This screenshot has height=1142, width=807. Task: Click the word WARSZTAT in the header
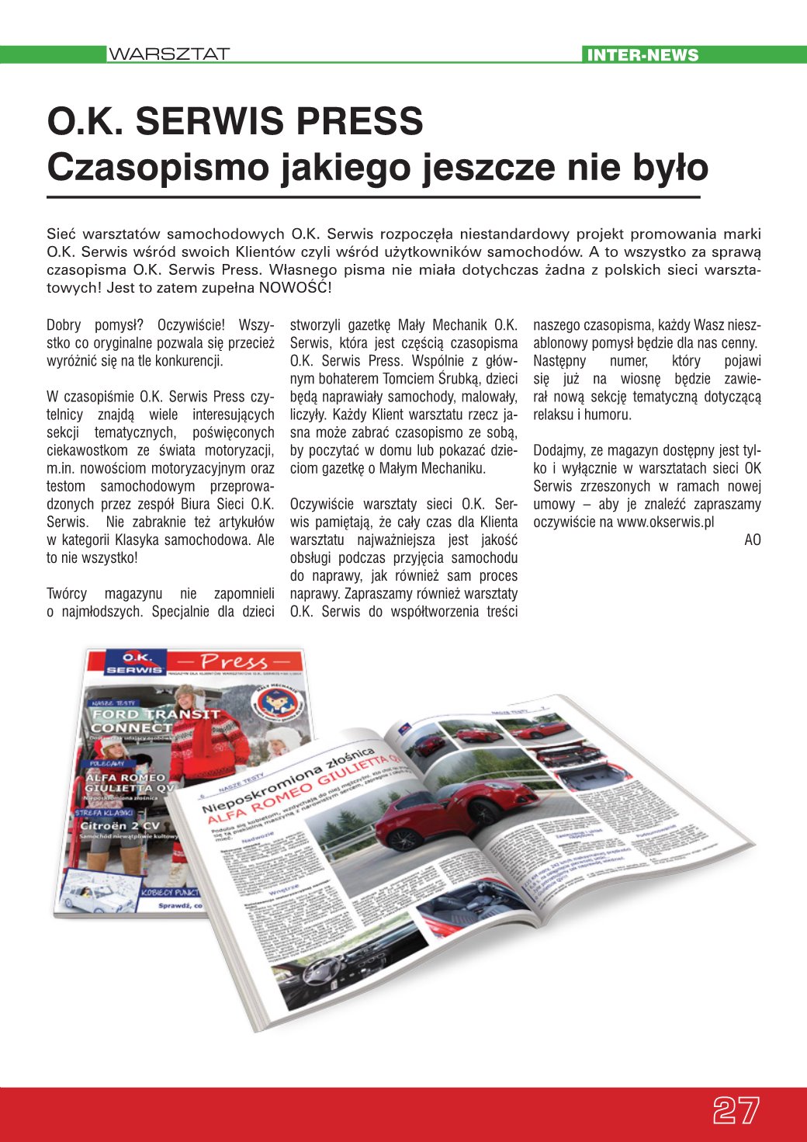tap(168, 54)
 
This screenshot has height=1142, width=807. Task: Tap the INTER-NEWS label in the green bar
tap(642, 54)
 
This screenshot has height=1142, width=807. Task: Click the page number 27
tap(736, 1111)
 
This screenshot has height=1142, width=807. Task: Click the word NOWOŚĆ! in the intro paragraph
tap(296, 288)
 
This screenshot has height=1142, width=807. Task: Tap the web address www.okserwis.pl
tap(665, 522)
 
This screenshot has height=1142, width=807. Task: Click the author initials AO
tap(752, 540)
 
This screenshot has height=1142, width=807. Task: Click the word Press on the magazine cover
tap(233, 661)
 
